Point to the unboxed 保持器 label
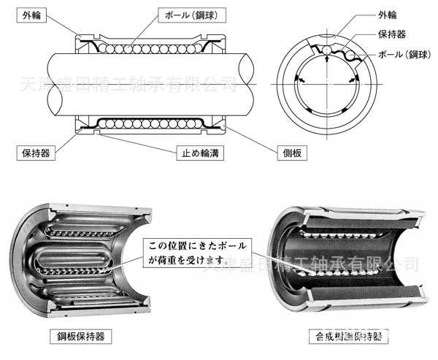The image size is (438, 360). coord(393,34)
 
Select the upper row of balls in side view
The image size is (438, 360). coord(147,50)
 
